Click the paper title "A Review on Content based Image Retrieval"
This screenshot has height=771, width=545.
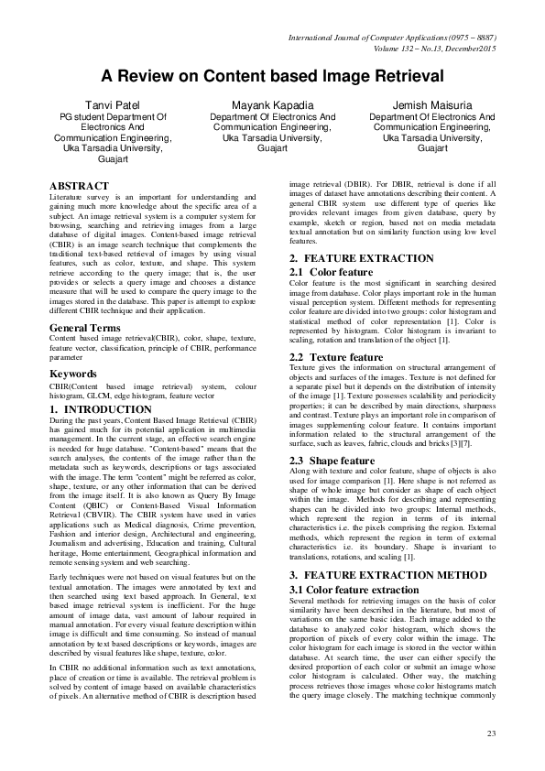click(x=271, y=76)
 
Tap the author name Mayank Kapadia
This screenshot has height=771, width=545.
click(x=272, y=105)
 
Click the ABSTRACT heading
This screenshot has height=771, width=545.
click(x=80, y=186)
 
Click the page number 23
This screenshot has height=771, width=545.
click(x=491, y=733)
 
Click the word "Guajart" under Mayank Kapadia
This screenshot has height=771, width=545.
click(x=272, y=147)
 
